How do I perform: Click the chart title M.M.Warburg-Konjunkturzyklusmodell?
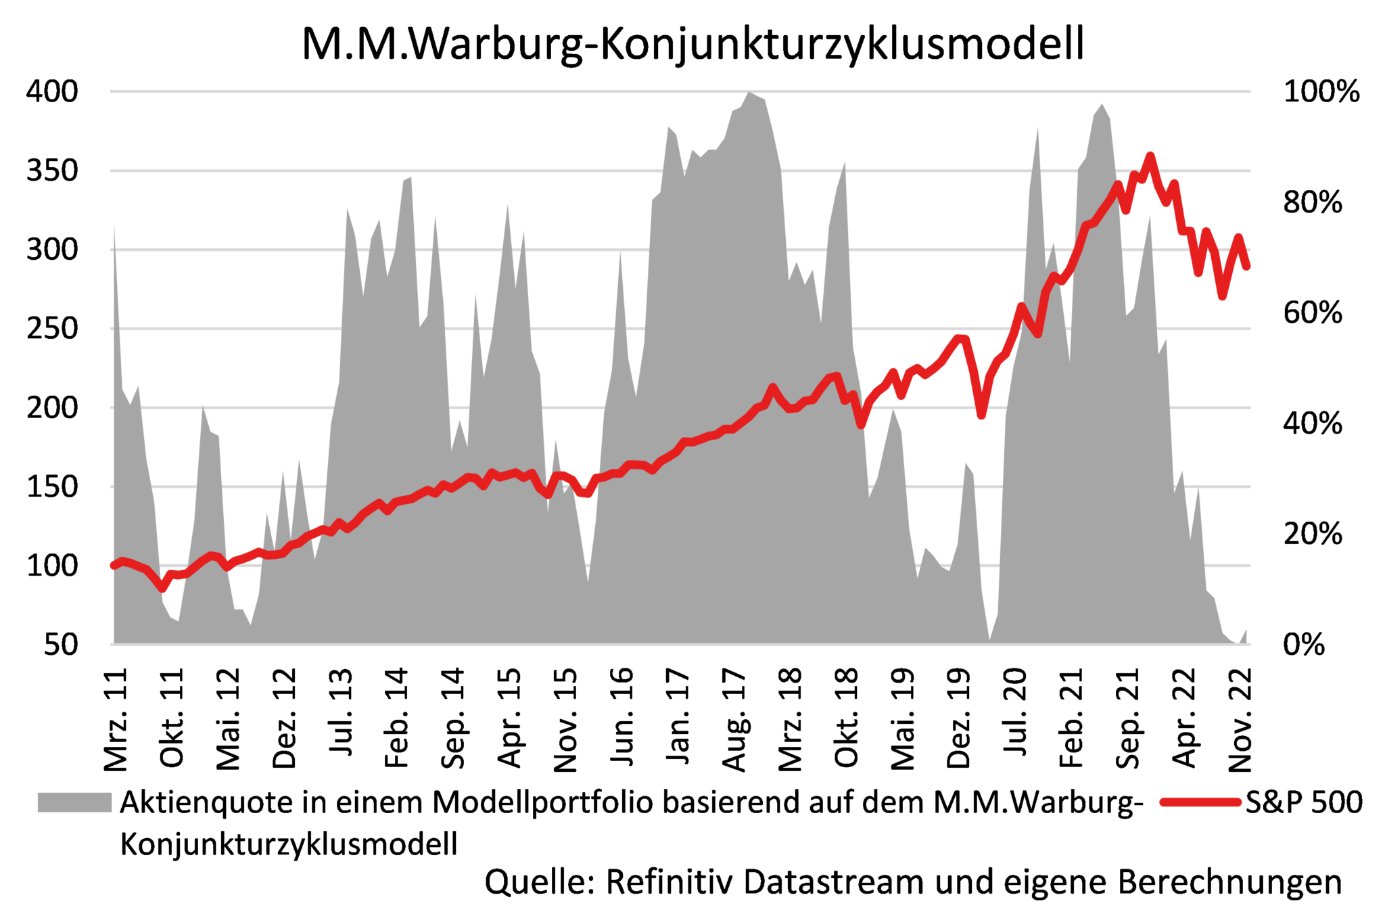pyautogui.click(x=692, y=45)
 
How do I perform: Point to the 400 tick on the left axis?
pyautogui.click(x=52, y=91)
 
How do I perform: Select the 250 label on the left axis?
pyautogui.click(x=52, y=329)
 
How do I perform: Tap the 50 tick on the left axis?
pyautogui.click(x=61, y=645)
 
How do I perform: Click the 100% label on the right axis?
pyautogui.click(x=1321, y=91)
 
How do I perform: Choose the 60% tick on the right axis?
pyautogui.click(x=1312, y=313)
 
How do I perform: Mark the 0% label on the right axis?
pyautogui.click(x=1303, y=645)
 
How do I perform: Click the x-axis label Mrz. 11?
pyautogui.click(x=116, y=720)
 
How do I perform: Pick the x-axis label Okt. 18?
pyautogui.click(x=847, y=717)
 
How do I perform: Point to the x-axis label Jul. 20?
pyautogui.click(x=1015, y=712)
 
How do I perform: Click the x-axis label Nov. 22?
pyautogui.click(x=1240, y=720)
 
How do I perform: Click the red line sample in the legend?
pyautogui.click(x=1201, y=802)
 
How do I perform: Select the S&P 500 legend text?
pyautogui.click(x=1303, y=802)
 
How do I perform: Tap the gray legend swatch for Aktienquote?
pyautogui.click(x=74, y=802)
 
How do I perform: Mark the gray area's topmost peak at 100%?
pyautogui.click(x=749, y=92)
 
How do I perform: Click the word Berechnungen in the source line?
pyautogui.click(x=1229, y=882)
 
